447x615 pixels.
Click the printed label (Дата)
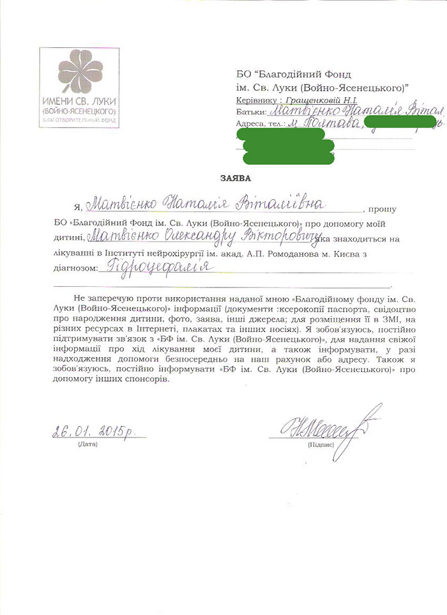86,443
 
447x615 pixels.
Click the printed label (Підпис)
320,443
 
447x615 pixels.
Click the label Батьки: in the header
249,112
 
